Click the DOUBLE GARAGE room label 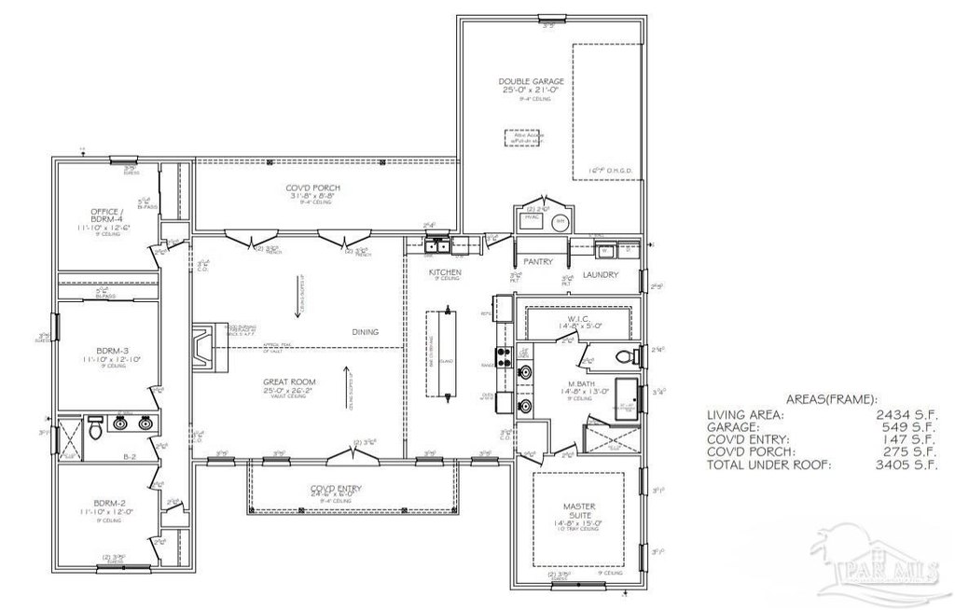pyautogui.click(x=531, y=82)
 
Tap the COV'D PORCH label pyautogui.click(x=312, y=188)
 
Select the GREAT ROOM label pyautogui.click(x=288, y=381)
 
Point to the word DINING pyautogui.click(x=366, y=331)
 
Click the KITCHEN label pyautogui.click(x=445, y=272)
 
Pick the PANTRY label pyautogui.click(x=539, y=262)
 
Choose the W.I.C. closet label pyautogui.click(x=578, y=320)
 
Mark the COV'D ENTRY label pyautogui.click(x=336, y=489)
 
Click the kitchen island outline pyautogui.click(x=439, y=353)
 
